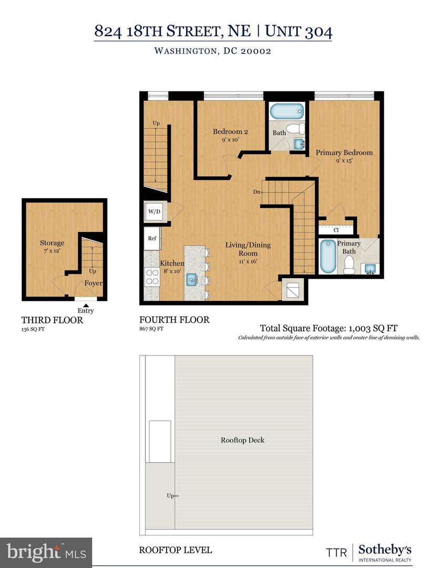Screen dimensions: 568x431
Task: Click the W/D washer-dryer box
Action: click(x=154, y=212)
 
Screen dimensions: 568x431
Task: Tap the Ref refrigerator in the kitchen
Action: click(x=152, y=239)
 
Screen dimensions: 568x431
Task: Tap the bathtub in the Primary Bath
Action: click(x=329, y=256)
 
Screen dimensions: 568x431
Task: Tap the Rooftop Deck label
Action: click(x=242, y=440)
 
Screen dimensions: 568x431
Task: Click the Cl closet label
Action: click(x=336, y=230)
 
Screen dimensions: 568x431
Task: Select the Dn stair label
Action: click(x=256, y=192)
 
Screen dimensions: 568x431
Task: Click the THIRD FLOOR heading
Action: click(x=52, y=320)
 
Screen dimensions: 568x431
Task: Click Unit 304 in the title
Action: click(x=298, y=31)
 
